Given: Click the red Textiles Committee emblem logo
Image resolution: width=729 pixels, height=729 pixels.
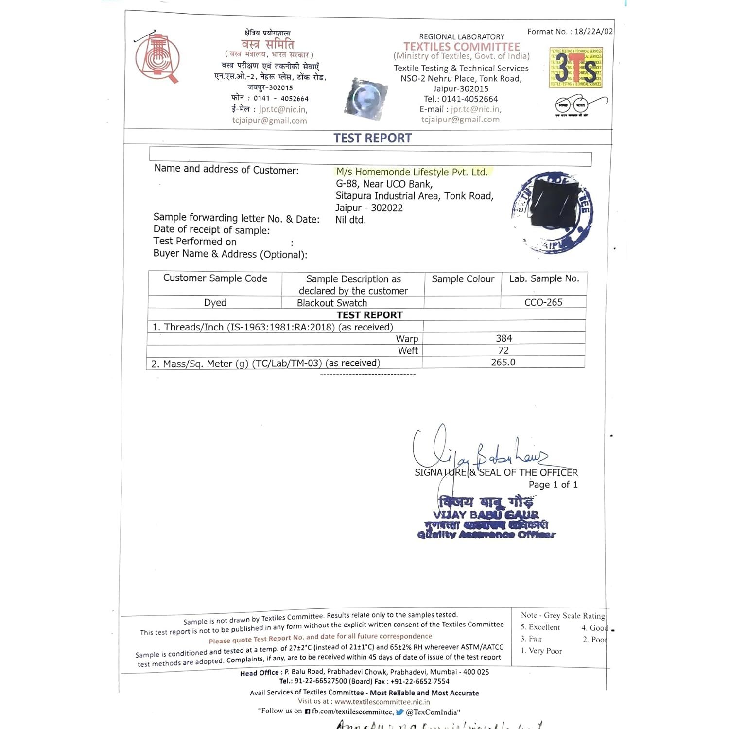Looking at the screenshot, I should point(157,57).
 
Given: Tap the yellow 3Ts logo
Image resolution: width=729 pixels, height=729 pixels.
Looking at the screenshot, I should point(575,68).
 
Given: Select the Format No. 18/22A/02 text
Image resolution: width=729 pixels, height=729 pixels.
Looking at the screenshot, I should point(570,32).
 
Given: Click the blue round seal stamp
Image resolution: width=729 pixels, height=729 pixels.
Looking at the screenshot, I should point(553,212).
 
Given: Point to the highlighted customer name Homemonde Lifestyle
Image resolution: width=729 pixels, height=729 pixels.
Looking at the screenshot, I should point(412,172).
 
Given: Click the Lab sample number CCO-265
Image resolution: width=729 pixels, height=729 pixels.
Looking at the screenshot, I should point(543,302).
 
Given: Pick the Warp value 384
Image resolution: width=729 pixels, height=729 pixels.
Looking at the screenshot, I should point(503,338).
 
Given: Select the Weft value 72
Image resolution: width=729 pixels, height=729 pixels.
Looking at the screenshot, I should point(503,350).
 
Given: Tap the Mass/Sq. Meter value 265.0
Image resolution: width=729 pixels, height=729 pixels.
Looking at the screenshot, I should point(503,363).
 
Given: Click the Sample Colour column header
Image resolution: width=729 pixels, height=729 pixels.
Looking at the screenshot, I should point(463,279).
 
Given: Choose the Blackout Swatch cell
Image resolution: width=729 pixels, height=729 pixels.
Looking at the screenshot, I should point(332,303).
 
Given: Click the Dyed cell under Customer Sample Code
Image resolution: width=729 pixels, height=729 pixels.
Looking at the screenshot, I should point(215,302).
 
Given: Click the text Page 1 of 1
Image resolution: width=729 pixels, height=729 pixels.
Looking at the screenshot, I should point(553,485).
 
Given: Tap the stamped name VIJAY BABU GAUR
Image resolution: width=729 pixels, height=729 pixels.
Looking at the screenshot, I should point(486,515).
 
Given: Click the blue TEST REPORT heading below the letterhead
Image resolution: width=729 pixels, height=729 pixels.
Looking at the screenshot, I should point(372,138).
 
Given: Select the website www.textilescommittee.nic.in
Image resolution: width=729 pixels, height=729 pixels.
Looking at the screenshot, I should point(382,702).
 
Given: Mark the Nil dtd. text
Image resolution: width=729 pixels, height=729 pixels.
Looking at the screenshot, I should point(350,220).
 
